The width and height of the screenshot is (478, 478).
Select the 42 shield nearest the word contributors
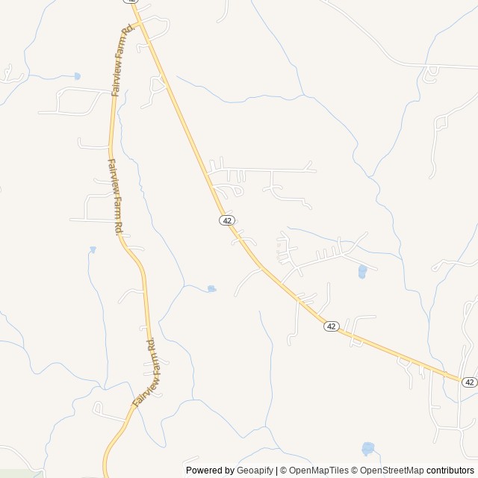[469, 382]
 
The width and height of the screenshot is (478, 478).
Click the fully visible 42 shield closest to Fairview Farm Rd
[227, 220]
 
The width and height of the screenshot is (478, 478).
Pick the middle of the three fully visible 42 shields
[332, 326]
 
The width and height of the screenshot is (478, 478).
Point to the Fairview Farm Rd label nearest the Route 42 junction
[120, 59]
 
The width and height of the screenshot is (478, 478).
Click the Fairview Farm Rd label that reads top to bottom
[114, 196]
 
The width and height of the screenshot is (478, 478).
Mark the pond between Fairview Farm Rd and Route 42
[211, 288]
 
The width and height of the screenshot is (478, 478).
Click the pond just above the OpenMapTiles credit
[367, 448]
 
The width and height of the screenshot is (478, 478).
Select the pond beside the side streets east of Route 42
[362, 271]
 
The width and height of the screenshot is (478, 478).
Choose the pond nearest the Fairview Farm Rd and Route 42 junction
[77, 75]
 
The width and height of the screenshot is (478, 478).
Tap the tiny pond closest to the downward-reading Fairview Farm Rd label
[93, 249]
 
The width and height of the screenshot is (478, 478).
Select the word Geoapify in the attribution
[255, 471]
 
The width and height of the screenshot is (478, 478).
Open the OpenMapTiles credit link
[318, 471]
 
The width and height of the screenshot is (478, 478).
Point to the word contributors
[450, 471]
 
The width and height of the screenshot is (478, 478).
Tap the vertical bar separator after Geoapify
[277, 471]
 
